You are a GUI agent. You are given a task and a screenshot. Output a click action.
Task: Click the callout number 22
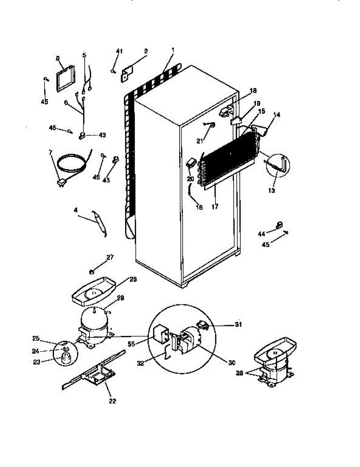(112, 401)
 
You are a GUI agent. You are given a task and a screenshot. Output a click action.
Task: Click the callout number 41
(119, 51)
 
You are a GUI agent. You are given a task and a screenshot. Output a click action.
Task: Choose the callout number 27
(110, 257)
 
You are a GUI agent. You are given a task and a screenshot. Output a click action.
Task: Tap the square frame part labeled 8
(66, 79)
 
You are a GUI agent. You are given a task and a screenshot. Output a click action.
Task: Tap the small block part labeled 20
(190, 163)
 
